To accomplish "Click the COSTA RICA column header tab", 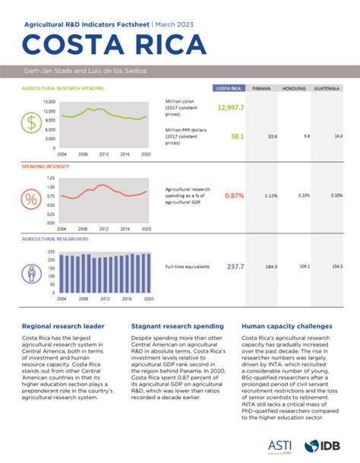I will (x=229, y=88).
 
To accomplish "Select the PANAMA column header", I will (x=262, y=88).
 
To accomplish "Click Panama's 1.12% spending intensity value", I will (x=269, y=195).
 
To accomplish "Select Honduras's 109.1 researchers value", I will (x=304, y=267).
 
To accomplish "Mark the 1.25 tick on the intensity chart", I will (x=51, y=178).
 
